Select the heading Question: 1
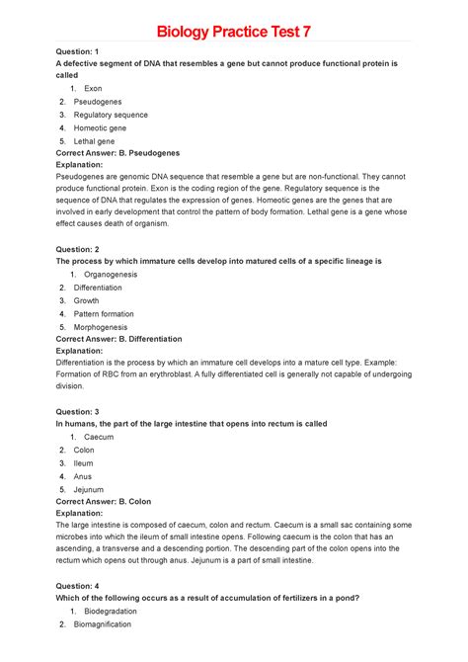[78, 49]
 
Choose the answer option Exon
[93, 88]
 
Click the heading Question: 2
[78, 248]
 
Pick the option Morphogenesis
[105, 326]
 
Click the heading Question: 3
[78, 410]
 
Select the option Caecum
[99, 436]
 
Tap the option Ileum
[84, 462]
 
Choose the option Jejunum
[89, 488]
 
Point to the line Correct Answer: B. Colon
[105, 501]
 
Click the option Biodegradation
[110, 611]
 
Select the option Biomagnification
[111, 623]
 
